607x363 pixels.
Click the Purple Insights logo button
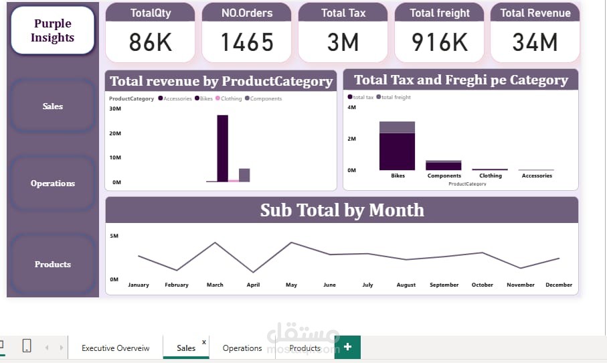52,31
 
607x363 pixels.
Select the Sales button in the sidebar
53,106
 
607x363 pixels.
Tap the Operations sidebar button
53,183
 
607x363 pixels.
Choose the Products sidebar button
53,264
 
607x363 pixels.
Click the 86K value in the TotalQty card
151,42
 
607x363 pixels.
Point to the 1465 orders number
247,42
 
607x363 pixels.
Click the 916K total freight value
440,42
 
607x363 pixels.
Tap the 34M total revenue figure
535,42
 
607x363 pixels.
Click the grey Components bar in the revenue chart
244,175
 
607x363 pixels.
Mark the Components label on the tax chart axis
444,175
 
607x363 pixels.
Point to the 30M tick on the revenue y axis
114,109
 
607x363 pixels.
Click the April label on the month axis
253,285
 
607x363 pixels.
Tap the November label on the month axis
521,285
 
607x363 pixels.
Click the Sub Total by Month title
342,210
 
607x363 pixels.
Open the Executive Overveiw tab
115,348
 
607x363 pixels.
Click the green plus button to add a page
348,347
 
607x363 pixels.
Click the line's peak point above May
291,242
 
